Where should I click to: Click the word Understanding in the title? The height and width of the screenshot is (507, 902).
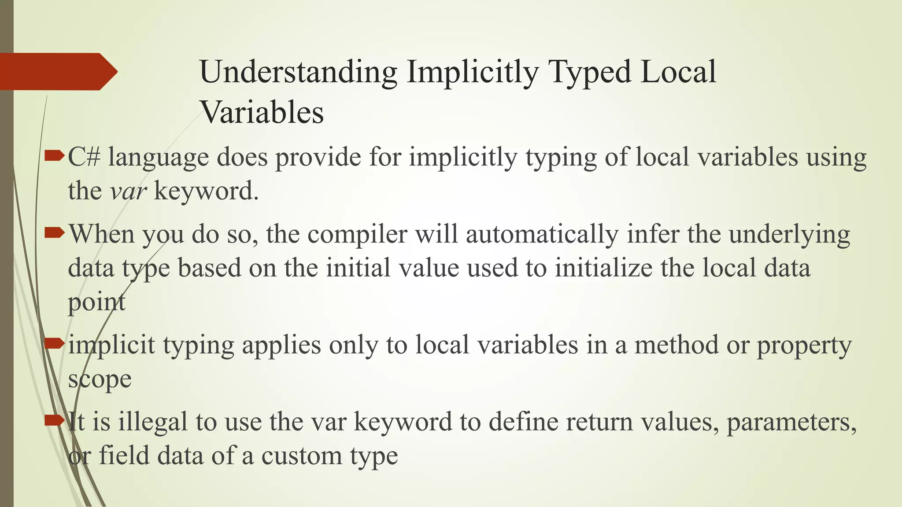click(298, 72)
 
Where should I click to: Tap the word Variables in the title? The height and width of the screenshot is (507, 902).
click(262, 113)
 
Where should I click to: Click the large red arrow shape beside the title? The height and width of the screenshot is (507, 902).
click(57, 71)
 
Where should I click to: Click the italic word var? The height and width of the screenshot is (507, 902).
click(128, 191)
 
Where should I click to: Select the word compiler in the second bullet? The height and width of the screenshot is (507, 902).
click(357, 234)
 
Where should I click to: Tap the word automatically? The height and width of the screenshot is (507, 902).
click(542, 234)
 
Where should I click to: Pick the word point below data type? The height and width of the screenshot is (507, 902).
click(96, 302)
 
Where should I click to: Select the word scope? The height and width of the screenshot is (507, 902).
click(100, 379)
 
